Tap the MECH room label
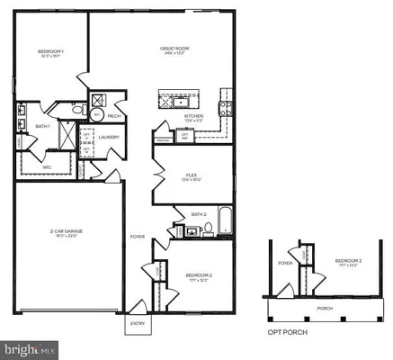click(x=114, y=115)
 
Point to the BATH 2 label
click(x=199, y=213)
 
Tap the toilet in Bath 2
click(x=210, y=229)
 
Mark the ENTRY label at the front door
click(x=138, y=322)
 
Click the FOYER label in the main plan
click(x=138, y=237)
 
